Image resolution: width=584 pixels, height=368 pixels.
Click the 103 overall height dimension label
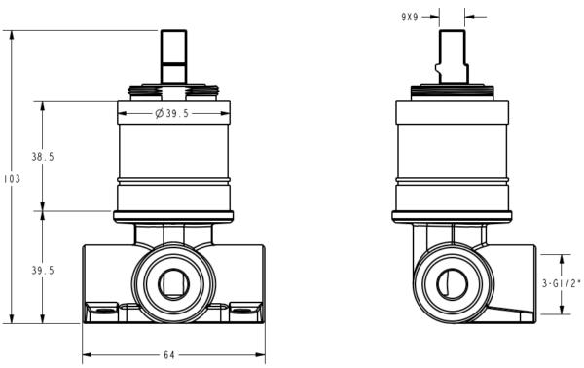click(x=13, y=179)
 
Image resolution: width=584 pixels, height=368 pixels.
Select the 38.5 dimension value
click(x=43, y=157)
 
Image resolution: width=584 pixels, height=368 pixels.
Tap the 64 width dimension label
click(x=168, y=355)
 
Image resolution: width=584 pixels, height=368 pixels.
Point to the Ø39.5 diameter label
click(x=172, y=113)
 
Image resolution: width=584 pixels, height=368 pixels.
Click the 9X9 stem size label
click(x=410, y=17)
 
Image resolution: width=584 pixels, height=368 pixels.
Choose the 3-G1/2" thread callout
click(x=561, y=284)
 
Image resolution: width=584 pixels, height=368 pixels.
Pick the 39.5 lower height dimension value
click(x=43, y=271)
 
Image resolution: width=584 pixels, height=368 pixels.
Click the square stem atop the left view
click(x=173, y=56)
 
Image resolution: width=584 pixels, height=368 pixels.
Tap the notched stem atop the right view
click(x=452, y=56)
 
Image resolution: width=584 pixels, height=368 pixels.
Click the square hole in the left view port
click(x=173, y=284)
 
